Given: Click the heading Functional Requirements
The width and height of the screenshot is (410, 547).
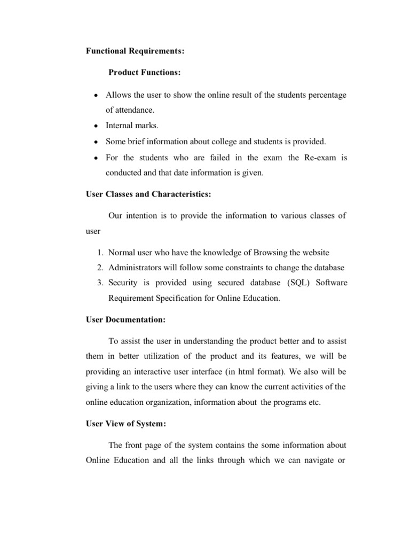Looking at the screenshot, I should [x=136, y=51].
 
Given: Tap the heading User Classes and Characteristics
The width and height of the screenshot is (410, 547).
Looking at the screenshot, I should [x=148, y=194].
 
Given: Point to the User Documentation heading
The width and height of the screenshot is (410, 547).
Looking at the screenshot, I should [x=125, y=320].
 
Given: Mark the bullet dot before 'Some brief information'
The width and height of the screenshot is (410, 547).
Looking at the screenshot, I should [x=95, y=142].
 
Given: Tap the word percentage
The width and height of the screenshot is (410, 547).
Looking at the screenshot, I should [x=326, y=95].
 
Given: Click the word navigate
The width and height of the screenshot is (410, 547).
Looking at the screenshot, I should [x=316, y=460].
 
